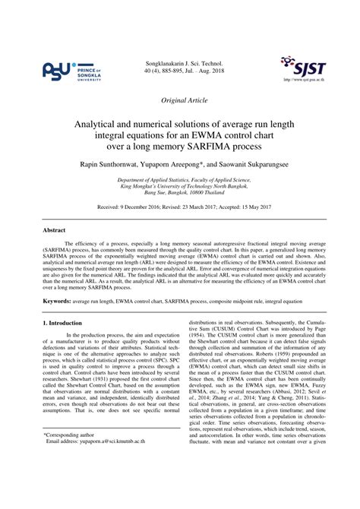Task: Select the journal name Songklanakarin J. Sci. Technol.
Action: point(179,61)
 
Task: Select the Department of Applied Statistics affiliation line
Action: point(180,180)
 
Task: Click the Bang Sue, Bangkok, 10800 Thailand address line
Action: point(180,194)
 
